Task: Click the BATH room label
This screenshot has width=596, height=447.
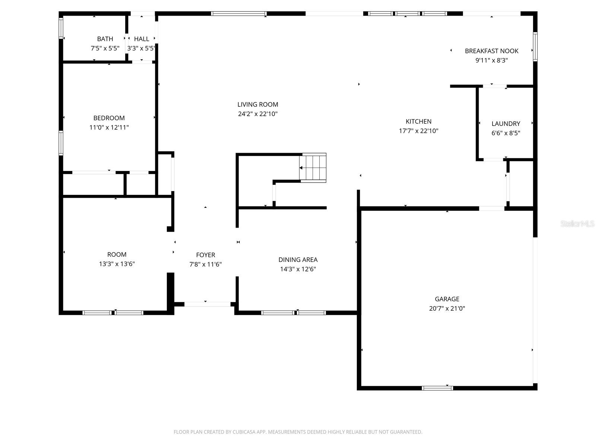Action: (x=105, y=39)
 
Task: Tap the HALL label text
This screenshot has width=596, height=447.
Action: (x=142, y=39)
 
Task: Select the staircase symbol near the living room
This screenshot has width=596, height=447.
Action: (x=313, y=168)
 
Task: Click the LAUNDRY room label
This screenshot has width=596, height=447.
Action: (x=505, y=124)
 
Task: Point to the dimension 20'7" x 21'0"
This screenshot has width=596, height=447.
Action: (x=447, y=308)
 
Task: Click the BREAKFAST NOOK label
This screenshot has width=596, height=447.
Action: (x=491, y=51)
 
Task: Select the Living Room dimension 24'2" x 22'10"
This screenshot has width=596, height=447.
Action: (x=258, y=114)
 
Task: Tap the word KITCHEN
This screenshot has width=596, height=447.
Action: (x=418, y=121)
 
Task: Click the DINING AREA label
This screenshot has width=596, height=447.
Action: (x=298, y=260)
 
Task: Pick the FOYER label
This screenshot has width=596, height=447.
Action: (x=206, y=255)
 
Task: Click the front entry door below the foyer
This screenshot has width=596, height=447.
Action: (x=207, y=304)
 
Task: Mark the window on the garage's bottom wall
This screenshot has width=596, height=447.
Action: (x=437, y=388)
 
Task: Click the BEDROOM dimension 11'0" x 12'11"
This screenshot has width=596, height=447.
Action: (x=109, y=127)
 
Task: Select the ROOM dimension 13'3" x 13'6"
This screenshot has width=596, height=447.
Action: (x=117, y=264)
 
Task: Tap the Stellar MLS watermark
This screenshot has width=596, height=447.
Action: (x=577, y=224)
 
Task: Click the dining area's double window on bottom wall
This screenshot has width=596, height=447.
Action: (x=294, y=313)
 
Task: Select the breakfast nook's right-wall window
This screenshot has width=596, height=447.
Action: (x=535, y=47)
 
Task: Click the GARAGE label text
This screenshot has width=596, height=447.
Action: (x=447, y=299)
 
